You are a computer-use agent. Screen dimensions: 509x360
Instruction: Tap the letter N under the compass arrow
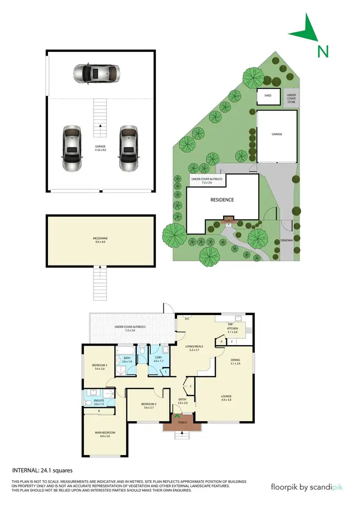323,51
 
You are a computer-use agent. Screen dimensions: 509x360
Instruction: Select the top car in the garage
96,73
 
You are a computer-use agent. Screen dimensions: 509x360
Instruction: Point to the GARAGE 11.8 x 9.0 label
100,148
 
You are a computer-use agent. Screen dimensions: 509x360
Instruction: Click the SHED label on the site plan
268,96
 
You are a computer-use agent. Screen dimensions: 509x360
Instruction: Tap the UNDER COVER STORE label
291,99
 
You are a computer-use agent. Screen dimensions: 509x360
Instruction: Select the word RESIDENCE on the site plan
221,200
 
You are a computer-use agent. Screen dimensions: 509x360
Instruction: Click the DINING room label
235,362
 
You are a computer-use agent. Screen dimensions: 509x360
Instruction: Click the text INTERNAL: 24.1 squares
42,471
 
